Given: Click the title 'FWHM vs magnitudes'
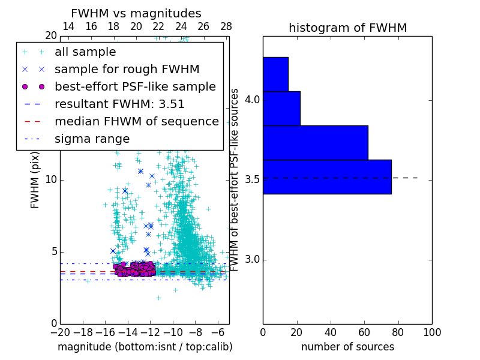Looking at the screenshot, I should click(136, 13).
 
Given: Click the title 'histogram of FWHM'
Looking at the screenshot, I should click(347, 28).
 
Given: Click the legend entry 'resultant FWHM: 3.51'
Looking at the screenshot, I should click(119, 104).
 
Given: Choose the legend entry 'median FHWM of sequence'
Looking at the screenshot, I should click(136, 121).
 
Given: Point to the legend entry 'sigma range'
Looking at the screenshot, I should click(92, 139).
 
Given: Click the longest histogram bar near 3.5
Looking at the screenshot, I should click(327, 177).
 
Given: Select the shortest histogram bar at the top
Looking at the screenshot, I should click(275, 74).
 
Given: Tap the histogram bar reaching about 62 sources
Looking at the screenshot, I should click(315, 143).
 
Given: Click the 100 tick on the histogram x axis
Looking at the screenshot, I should click(431, 332).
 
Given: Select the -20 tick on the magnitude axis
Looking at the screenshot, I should click(60, 332).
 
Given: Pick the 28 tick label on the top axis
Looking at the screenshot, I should click(226, 27).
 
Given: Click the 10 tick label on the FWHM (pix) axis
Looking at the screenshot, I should click(50, 180).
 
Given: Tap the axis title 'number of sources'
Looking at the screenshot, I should click(347, 347).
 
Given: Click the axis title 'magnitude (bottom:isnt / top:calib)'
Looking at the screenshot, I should click(145, 347).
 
